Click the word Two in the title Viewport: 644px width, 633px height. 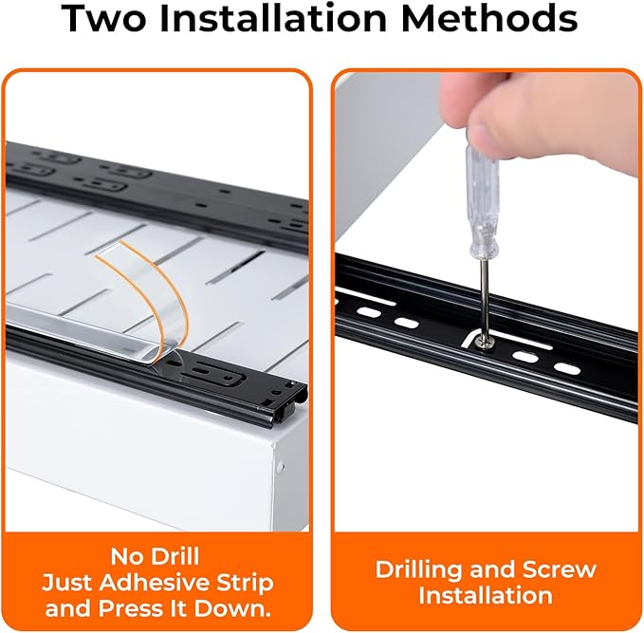[x=104, y=18]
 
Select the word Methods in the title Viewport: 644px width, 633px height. [x=489, y=18]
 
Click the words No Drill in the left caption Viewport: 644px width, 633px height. [x=155, y=556]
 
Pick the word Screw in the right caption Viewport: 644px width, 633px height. [x=560, y=570]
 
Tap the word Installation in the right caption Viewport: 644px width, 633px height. [x=486, y=596]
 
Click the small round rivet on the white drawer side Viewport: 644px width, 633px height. [x=281, y=467]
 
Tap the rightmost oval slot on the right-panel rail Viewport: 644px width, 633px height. [x=567, y=369]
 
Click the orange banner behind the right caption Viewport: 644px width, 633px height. [x=486, y=582]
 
